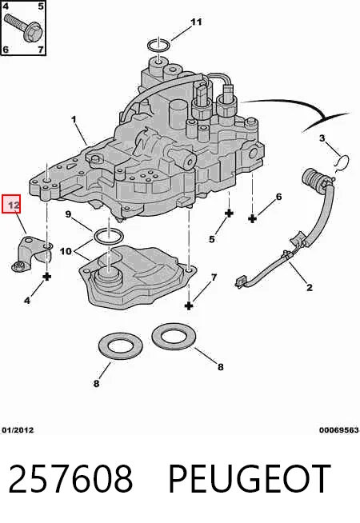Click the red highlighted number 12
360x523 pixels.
coord(11,204)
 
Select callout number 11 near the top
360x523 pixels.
coord(196,22)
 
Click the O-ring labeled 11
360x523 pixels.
coord(159,45)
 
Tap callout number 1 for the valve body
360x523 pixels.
coord(74,119)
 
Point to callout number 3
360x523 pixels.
coord(322,138)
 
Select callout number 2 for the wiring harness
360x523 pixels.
coord(310,287)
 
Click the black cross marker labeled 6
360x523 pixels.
coord(253,219)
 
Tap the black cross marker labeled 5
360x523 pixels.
coord(229,214)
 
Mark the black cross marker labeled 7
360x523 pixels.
coord(189,305)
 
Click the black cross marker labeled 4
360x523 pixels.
coord(47,277)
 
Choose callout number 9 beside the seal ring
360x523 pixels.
coord(68,214)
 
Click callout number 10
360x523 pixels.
coord(66,251)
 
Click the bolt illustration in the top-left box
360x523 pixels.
coord(23,26)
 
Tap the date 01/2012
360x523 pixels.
coord(18,430)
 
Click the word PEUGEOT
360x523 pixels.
coord(250,479)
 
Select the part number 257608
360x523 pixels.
coord(70,479)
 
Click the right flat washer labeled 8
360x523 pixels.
coord(174,337)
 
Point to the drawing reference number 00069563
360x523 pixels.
coord(338,430)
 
